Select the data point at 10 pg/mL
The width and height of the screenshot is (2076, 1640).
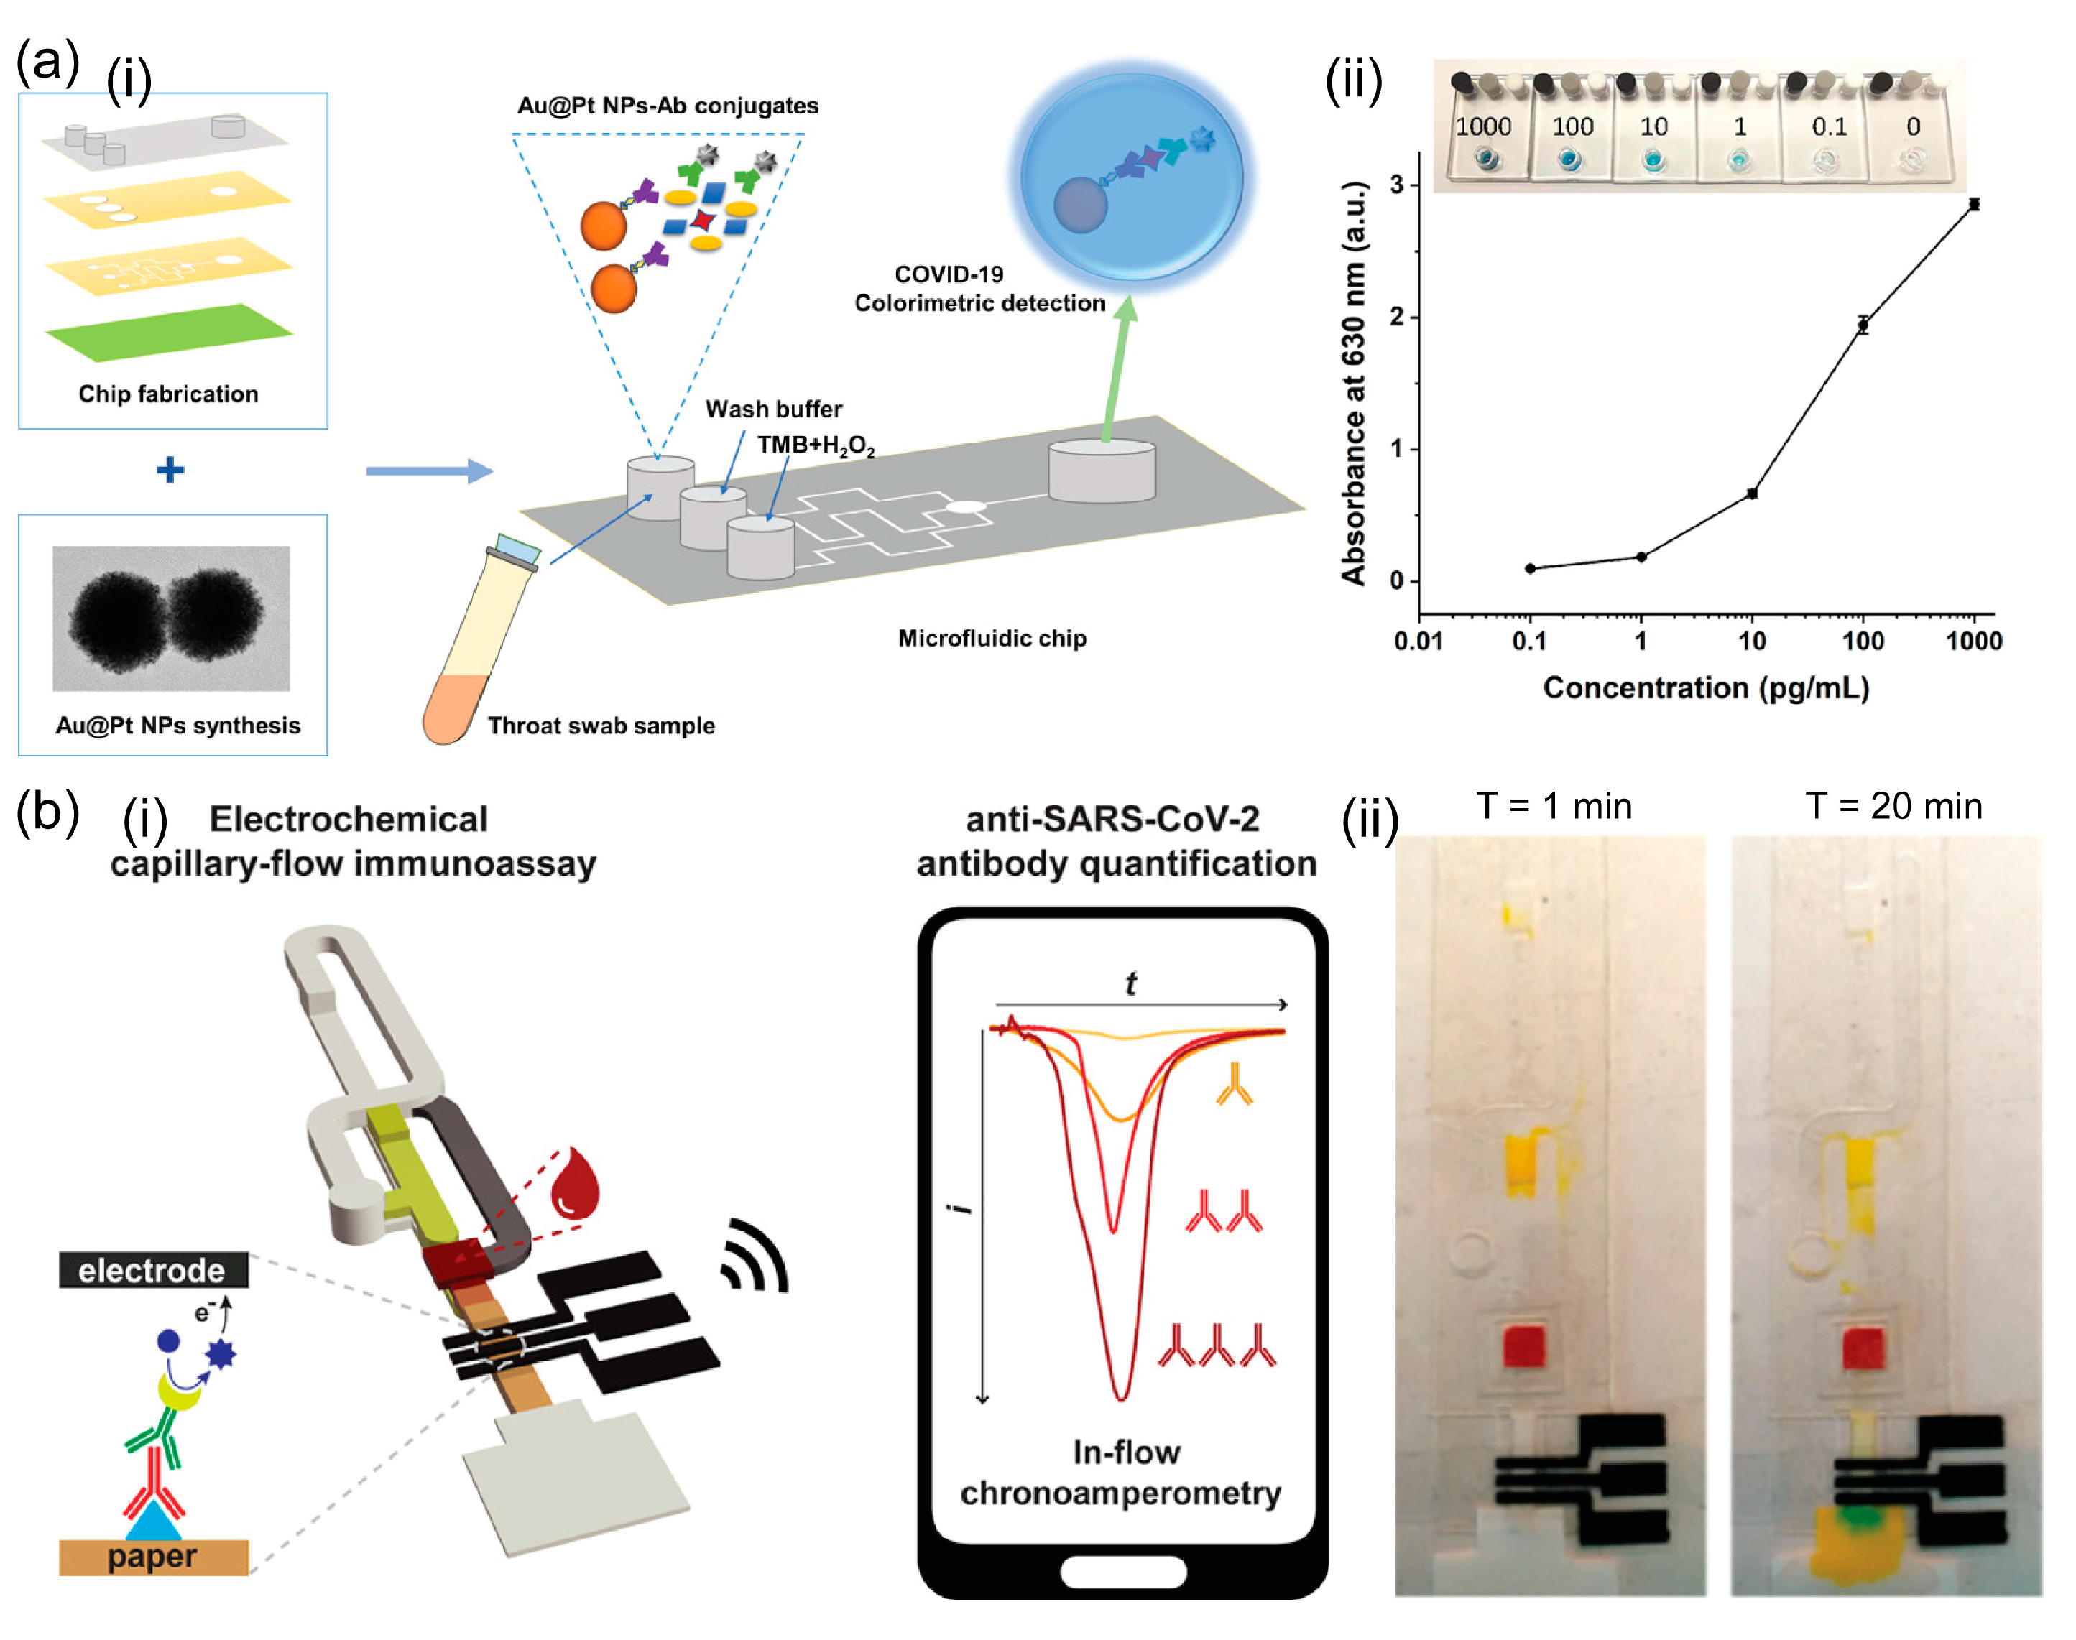coord(1751,494)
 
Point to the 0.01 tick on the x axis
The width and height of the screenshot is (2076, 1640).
coord(1418,641)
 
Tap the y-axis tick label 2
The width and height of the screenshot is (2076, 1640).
coord(1396,317)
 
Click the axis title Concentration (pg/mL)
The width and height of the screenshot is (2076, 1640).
coord(1705,688)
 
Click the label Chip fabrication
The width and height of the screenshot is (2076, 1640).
coord(168,394)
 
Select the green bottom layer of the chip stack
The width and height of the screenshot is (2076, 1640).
coord(169,332)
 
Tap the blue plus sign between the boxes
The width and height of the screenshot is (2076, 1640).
coord(170,470)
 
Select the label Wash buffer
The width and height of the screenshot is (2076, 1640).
coord(773,409)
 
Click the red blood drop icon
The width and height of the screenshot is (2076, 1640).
coord(574,1183)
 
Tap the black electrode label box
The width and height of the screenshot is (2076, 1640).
coord(152,1270)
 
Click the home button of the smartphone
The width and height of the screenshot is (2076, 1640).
coord(1122,1572)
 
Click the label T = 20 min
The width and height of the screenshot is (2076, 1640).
coord(1893,807)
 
